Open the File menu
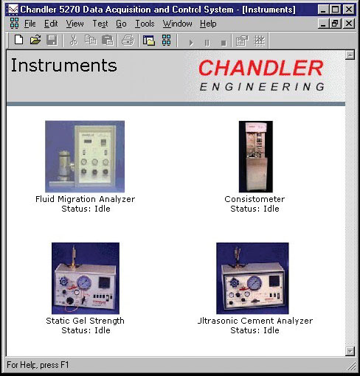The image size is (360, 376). click(30, 24)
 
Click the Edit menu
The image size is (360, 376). click(51, 24)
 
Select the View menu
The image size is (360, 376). click(75, 24)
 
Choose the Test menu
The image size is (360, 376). click(100, 24)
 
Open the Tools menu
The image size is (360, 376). click(145, 24)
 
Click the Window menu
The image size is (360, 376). click(177, 24)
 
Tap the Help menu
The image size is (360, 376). click(208, 24)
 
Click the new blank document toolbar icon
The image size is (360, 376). click(19, 40)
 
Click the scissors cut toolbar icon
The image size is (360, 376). click(74, 41)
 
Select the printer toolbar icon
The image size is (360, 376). click(128, 41)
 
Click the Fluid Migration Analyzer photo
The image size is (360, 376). click(85, 156)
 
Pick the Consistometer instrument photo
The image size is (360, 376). click(256, 156)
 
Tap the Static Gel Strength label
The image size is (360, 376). click(85, 321)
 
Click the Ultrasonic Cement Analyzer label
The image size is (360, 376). click(255, 321)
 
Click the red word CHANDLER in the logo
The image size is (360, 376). click(260, 68)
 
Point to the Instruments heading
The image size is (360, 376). click(64, 66)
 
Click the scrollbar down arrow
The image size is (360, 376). click(350, 351)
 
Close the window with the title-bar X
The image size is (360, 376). click(349, 10)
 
